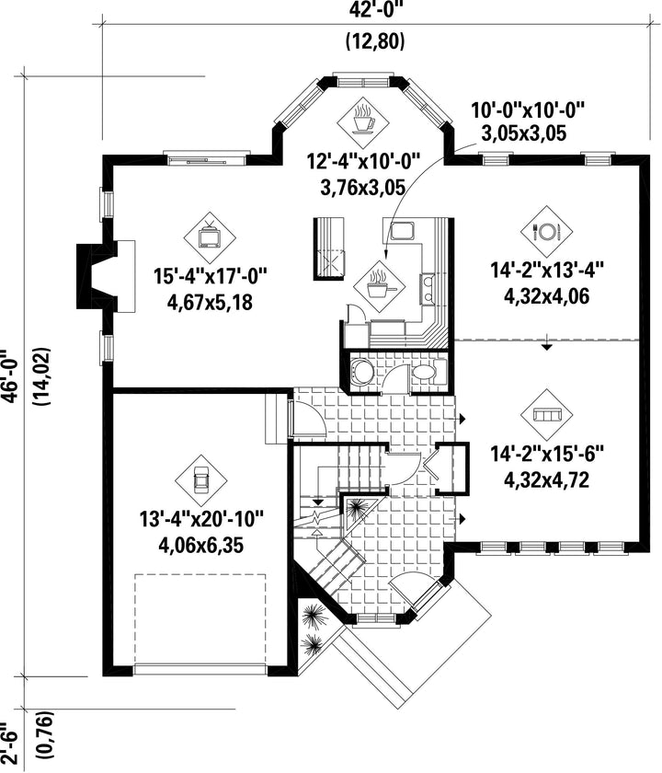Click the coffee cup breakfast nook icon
point(363,120)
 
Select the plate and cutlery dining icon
point(547,231)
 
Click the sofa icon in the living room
point(547,415)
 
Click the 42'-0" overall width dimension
point(375,10)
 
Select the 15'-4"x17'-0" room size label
point(211,275)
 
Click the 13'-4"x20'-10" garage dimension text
point(201,519)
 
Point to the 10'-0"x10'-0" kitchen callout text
point(528,110)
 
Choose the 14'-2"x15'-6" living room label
point(547,454)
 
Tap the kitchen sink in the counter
point(403,231)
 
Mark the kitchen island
point(328,248)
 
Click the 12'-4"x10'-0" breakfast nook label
point(363,162)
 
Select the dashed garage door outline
point(200,620)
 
